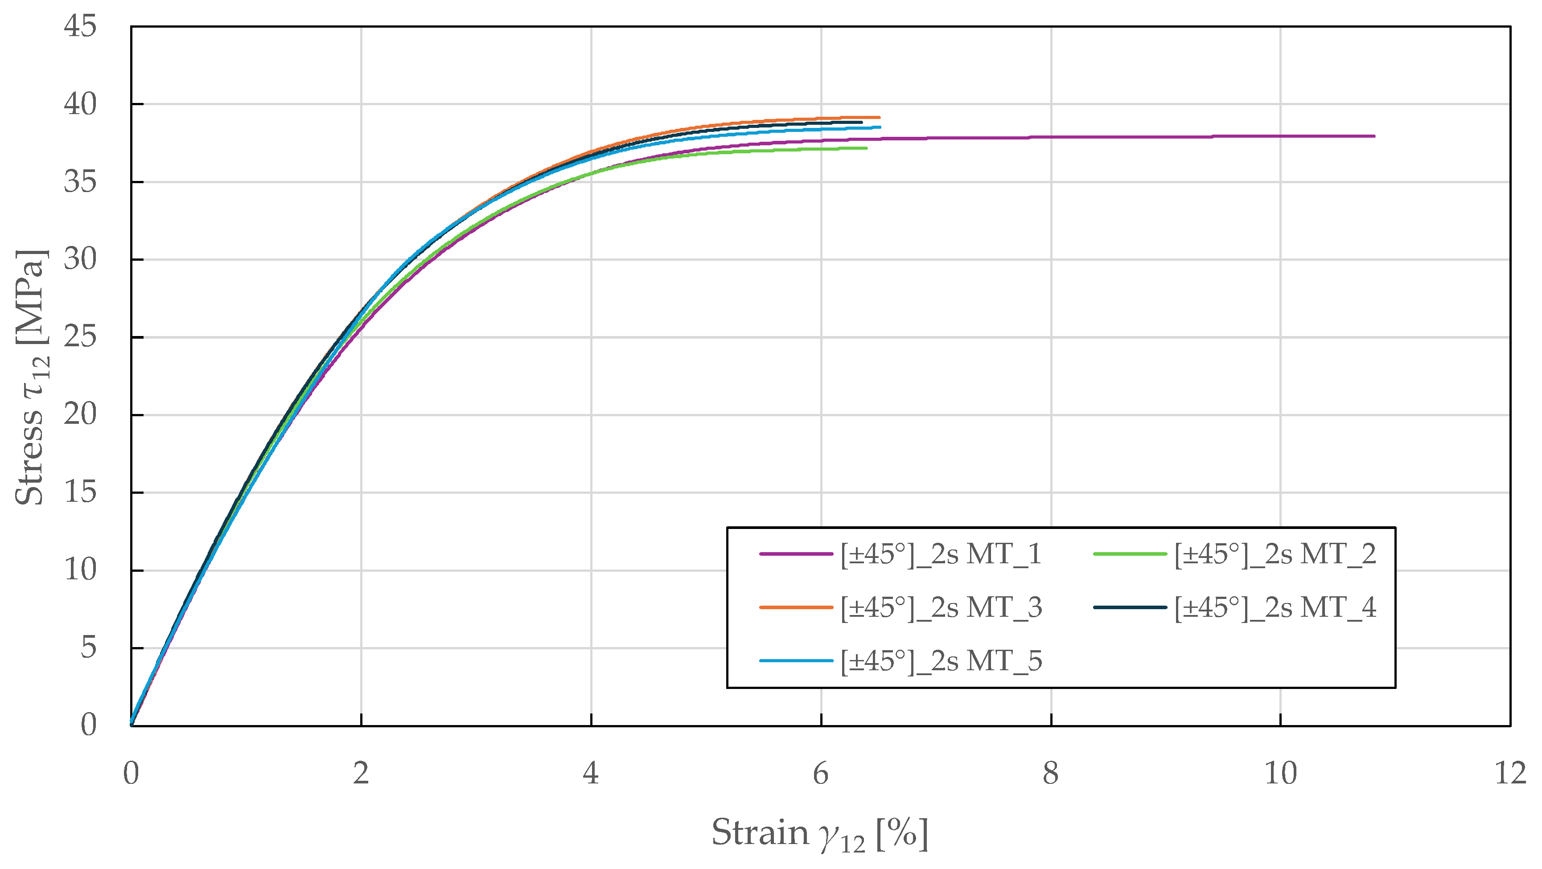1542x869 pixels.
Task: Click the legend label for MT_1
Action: (x=941, y=554)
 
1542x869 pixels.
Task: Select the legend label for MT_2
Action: (x=1275, y=554)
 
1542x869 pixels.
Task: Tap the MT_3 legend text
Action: (x=941, y=607)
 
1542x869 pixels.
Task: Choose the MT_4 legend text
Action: (x=1275, y=607)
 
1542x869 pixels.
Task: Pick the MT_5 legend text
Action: (x=941, y=661)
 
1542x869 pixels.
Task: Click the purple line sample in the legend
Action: (x=796, y=554)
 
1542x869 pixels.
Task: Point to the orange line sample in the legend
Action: (x=796, y=607)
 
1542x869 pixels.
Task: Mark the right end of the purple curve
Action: (x=1374, y=136)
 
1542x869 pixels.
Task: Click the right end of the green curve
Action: (x=866, y=148)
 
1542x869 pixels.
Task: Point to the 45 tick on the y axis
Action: (x=80, y=26)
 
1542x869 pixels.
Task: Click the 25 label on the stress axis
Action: (x=80, y=337)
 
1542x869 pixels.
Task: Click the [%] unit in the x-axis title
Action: (x=902, y=833)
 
